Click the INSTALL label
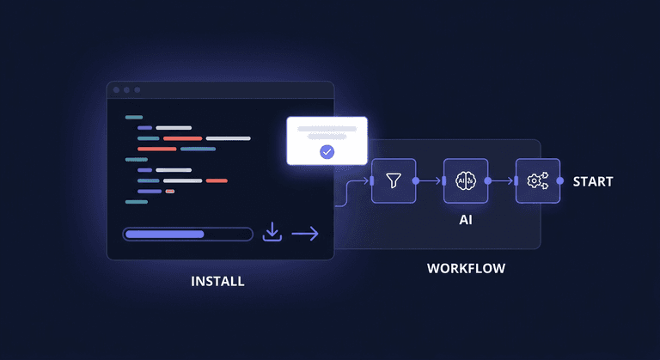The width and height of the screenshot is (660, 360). point(217,281)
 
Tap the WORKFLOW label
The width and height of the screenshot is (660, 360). point(466,268)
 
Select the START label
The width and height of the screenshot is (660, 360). point(593,181)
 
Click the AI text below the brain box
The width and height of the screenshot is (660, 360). point(466,220)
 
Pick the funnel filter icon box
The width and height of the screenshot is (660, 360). point(394,181)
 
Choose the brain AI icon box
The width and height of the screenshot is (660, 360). point(466,181)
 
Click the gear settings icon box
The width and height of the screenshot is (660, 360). point(538,181)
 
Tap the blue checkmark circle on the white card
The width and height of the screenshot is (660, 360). point(327,152)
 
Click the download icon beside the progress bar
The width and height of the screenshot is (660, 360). point(272,232)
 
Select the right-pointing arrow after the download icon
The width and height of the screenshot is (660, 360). point(305,233)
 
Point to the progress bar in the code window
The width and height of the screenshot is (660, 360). point(187,234)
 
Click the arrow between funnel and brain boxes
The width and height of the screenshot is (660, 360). point(430,181)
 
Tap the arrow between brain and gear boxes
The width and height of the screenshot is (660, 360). point(502,181)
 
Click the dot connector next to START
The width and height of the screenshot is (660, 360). point(560,181)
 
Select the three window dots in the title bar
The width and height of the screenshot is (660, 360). point(125,89)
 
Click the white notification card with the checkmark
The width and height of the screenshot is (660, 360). point(327,141)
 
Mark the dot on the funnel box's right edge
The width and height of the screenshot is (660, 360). point(416,181)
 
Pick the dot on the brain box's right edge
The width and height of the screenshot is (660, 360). point(488,181)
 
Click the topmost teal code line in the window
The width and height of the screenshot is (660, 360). point(134,117)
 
